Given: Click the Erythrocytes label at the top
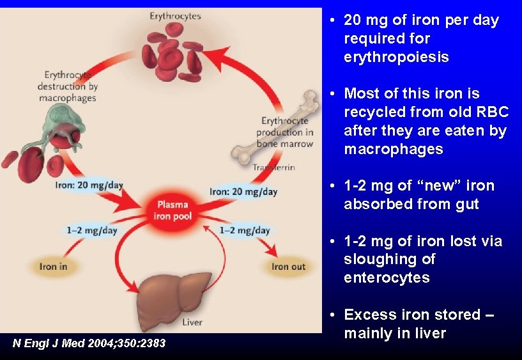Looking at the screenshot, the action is pos(175,15).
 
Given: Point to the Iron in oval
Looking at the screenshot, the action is pos(54,266).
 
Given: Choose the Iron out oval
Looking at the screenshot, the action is pos(288,266).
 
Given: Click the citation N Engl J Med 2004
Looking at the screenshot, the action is pos(89,343).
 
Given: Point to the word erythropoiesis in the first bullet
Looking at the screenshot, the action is pos(396,57).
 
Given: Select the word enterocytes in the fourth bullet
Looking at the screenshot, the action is pos(386,278).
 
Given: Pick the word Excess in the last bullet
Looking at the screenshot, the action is pos(371,315).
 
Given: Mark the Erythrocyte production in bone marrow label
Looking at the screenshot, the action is pos(286,132).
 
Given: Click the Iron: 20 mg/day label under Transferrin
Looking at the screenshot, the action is pos(243,191).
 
